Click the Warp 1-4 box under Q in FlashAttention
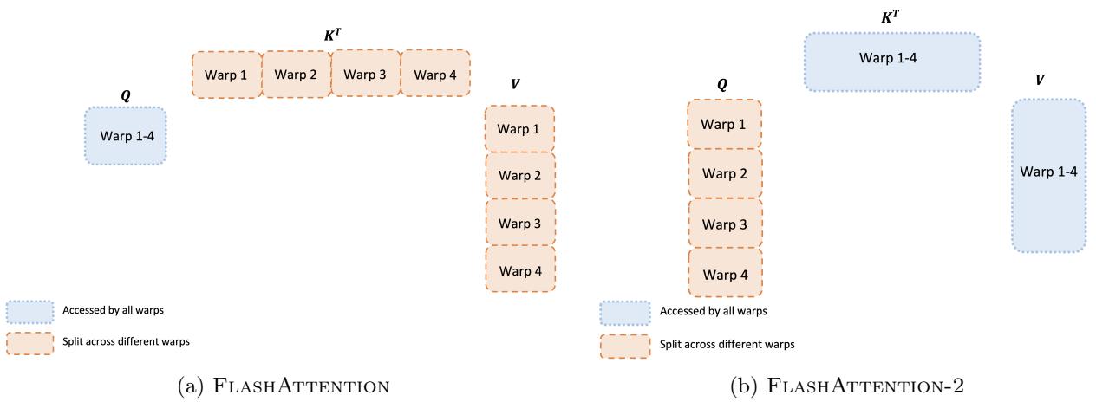tap(126, 135)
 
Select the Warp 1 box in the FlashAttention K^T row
tap(226, 74)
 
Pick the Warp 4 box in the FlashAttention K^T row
tap(434, 74)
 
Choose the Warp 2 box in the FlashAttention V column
tap(519, 176)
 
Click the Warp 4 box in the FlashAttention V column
tap(519, 269)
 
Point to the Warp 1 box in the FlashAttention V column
tap(519, 129)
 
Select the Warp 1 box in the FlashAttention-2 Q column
tap(724, 124)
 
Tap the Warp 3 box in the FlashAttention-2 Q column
tap(724, 224)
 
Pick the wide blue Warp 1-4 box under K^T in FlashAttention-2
tap(891, 62)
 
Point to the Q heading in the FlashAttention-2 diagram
tap(722, 85)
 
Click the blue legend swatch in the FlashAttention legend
tap(29, 311)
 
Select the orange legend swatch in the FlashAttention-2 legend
tap(625, 345)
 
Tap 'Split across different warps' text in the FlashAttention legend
tap(126, 342)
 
